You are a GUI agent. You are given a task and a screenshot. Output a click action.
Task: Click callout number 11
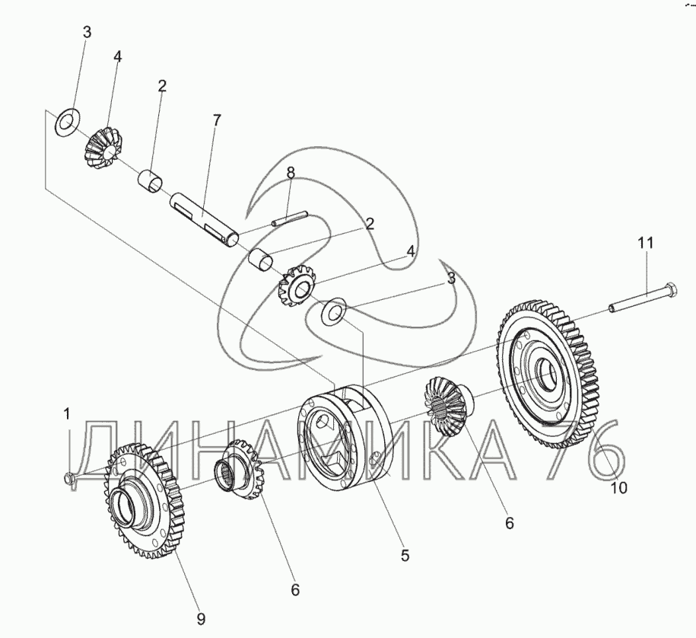coord(646,243)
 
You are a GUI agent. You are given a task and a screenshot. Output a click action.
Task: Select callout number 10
coord(619,489)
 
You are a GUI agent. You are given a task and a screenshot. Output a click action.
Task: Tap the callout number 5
coord(405,556)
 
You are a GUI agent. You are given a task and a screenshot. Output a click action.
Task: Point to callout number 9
coord(201,619)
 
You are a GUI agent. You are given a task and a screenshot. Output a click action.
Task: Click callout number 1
coord(67,414)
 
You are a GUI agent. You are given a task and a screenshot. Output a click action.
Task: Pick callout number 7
coord(217,120)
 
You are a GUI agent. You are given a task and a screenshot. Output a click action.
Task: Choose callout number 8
coord(290,173)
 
